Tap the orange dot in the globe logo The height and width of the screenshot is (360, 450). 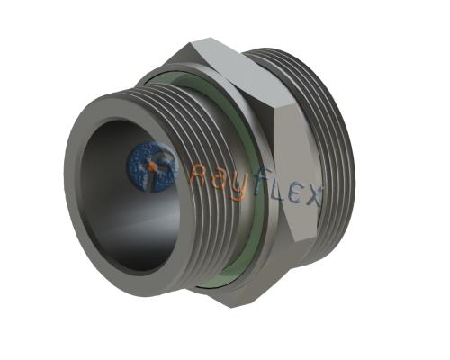pos(151,166)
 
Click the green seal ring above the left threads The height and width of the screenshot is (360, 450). pos(184,81)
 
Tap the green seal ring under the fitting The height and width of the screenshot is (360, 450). pos(216,281)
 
